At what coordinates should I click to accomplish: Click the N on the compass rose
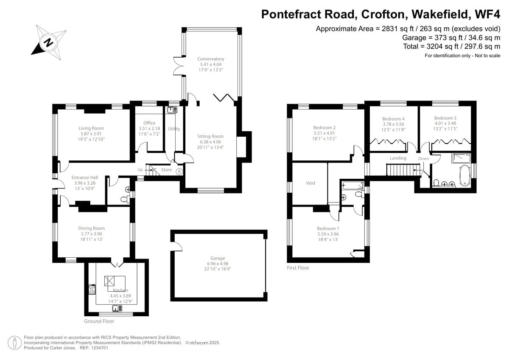[x=48, y=42]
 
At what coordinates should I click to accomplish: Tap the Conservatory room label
[x=211, y=59]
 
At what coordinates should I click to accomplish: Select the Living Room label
[x=91, y=128]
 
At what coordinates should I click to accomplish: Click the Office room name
[x=149, y=123]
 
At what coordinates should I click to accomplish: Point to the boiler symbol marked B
[x=179, y=172]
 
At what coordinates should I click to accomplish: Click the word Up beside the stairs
[x=140, y=170]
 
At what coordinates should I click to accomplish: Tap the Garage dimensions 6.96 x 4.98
[x=218, y=264]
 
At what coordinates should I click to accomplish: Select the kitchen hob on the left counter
[x=92, y=289]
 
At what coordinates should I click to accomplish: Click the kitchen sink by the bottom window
[x=117, y=309]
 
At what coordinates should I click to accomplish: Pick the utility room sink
[x=172, y=110]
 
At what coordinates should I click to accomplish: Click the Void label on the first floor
[x=310, y=183]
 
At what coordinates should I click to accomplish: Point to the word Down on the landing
[x=424, y=159]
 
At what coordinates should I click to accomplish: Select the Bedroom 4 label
[x=393, y=119]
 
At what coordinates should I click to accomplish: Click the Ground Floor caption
[x=99, y=321]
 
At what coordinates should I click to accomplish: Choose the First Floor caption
[x=298, y=268]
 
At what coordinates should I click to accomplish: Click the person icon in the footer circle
[x=15, y=343]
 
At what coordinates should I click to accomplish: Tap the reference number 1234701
[x=100, y=348]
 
